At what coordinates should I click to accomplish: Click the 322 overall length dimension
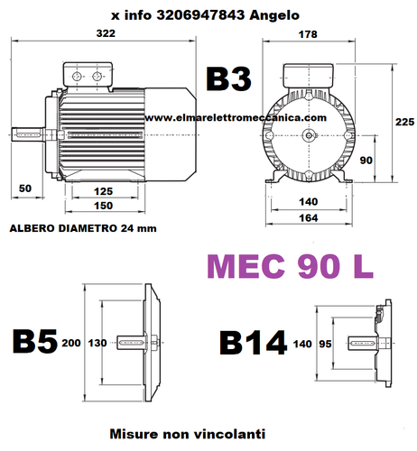[106, 33]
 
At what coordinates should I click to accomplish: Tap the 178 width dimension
[310, 33]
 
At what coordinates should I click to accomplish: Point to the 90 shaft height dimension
[367, 160]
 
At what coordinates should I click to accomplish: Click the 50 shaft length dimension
[24, 188]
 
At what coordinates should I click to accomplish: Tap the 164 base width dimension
[310, 218]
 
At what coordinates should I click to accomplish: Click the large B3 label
[228, 79]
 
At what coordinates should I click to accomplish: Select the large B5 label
[32, 343]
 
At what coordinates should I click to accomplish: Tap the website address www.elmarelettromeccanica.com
[234, 117]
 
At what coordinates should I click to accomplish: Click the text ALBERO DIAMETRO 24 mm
[83, 228]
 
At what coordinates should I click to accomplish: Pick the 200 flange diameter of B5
[71, 343]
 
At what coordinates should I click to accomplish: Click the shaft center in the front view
[310, 135]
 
